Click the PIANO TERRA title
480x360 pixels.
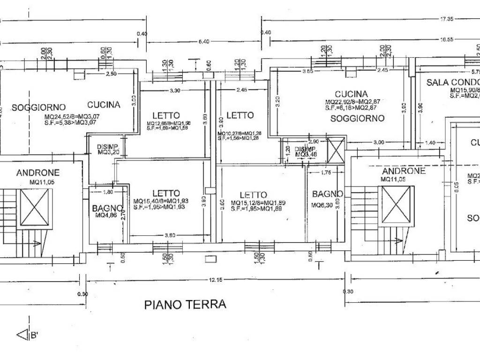pos(185,305)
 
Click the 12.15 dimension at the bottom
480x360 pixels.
pos(216,280)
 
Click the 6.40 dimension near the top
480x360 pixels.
pos(203,42)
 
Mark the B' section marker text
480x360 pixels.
pos(34,335)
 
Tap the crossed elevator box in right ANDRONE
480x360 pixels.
pos(397,205)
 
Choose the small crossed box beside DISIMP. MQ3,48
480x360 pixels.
pos(335,150)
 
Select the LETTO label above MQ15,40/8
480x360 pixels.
pos(166,193)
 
